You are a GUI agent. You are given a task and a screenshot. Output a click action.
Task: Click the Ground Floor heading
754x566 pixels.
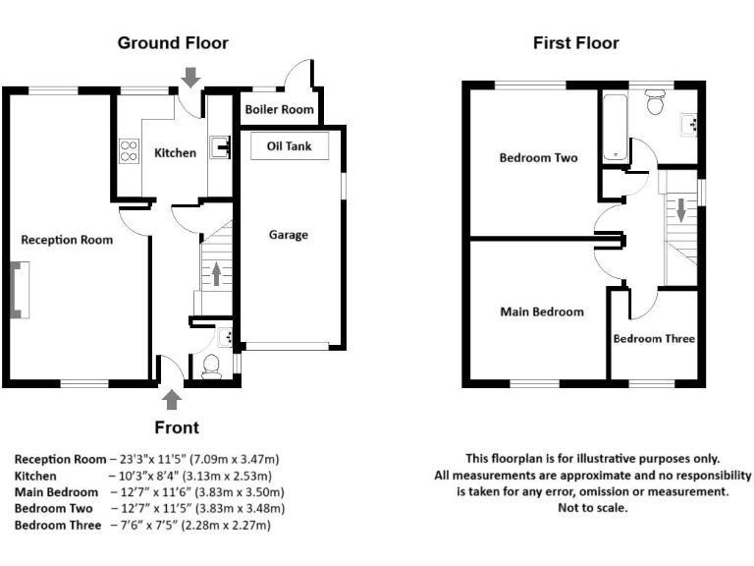[173, 43]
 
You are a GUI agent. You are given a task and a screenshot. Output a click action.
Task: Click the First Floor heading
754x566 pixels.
[575, 43]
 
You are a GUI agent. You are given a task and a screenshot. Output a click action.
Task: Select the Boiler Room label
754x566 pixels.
[280, 110]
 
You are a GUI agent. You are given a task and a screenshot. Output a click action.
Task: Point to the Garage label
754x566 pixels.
[289, 235]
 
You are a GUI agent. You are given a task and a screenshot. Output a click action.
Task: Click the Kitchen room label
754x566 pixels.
[175, 152]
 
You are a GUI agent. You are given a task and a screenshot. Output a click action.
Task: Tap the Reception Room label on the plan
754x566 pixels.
[67, 240]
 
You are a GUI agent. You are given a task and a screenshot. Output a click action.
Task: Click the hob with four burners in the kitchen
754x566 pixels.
[129, 150]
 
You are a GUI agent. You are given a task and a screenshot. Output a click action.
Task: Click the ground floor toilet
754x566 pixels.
[209, 368]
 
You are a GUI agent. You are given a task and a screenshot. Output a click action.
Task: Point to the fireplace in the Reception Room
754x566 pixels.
[18, 291]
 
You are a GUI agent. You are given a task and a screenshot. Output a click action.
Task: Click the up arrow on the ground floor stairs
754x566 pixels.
[216, 273]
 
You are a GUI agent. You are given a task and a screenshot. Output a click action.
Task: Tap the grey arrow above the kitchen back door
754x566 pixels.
[190, 76]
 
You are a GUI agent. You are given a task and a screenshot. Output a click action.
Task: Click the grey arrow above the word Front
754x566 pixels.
[173, 398]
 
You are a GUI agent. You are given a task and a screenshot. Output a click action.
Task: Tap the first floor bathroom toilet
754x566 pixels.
[655, 101]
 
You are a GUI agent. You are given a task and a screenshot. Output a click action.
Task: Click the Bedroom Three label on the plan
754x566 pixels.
[654, 339]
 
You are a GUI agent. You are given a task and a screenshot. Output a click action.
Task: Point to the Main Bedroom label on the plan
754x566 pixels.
[542, 312]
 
